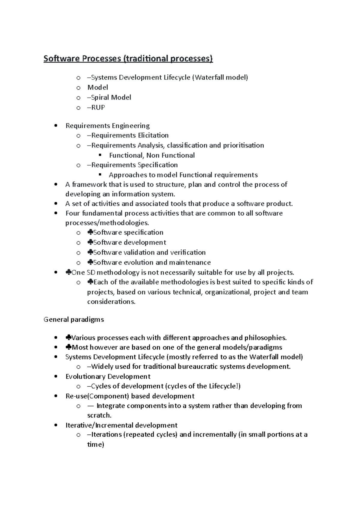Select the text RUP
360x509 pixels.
(x=98, y=107)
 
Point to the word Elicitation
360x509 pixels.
(x=153, y=135)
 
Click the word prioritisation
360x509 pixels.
(x=243, y=145)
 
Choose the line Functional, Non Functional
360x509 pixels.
(x=151, y=155)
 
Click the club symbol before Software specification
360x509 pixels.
(x=90, y=232)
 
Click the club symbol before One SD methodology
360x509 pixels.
(x=68, y=272)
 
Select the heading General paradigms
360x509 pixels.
(x=74, y=320)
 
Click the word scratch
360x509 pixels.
(x=99, y=415)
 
